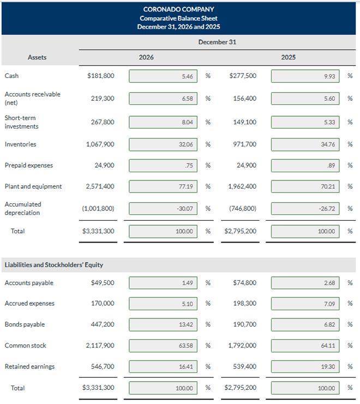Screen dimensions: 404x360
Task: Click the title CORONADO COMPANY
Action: point(178,9)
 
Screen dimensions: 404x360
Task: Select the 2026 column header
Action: point(146,57)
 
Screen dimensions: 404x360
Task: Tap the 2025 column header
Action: point(289,57)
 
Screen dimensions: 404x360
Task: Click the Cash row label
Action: point(11,76)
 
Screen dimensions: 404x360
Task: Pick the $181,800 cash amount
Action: point(101,76)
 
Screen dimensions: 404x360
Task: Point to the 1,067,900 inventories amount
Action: point(100,144)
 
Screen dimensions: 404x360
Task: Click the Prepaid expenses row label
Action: point(28,165)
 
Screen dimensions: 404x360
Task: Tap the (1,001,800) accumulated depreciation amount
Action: point(98,208)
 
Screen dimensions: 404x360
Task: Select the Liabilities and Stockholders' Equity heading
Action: point(54,265)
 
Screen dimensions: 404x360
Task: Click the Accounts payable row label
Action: point(29,283)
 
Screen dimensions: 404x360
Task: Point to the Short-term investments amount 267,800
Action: point(102,122)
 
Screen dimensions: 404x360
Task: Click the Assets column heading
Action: point(37,57)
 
